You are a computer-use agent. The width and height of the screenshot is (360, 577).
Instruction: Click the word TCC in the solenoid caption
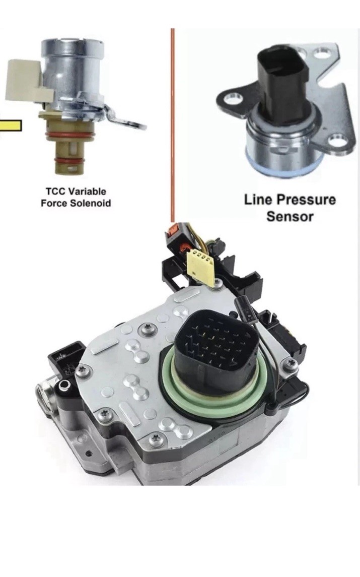tap(55, 191)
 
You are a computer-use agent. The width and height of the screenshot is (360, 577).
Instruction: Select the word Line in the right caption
tap(257, 200)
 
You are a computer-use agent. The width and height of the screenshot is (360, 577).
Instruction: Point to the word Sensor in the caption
tap(290, 216)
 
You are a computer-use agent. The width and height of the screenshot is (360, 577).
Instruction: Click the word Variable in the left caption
tap(88, 191)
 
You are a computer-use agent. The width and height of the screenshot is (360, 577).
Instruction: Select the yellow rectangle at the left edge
tap(11, 125)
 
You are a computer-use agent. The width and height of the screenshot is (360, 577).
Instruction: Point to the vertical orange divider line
tap(172, 125)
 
